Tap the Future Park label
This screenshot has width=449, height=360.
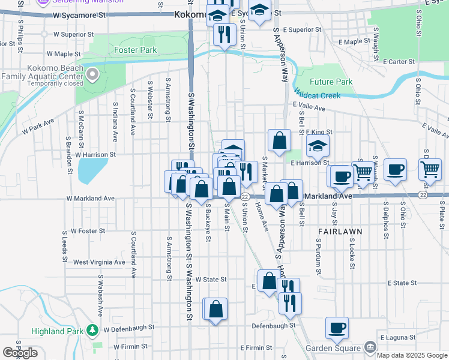point(331,82)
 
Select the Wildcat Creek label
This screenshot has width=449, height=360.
point(317,95)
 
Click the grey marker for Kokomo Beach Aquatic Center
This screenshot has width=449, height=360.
point(92,75)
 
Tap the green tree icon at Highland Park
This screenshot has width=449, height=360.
point(92,329)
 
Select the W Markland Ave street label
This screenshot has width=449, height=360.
point(90,198)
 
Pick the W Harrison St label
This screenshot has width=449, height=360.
point(95,154)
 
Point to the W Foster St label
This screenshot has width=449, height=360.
point(88,230)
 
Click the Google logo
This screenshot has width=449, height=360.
point(20,353)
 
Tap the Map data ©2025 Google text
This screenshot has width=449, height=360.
point(412,355)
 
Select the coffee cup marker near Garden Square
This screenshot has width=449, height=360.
point(337,327)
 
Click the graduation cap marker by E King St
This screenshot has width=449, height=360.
point(318,145)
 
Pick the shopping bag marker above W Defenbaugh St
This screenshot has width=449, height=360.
point(216,308)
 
